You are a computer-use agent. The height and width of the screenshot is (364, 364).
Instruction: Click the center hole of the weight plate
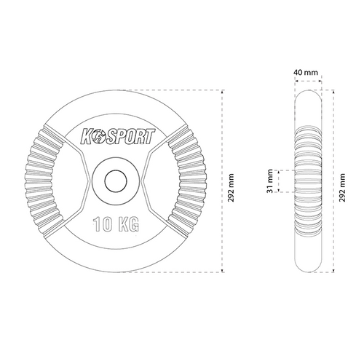tap(116, 181)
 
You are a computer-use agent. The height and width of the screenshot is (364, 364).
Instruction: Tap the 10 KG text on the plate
tap(116, 223)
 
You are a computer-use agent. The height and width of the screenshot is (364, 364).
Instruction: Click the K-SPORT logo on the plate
tap(118, 138)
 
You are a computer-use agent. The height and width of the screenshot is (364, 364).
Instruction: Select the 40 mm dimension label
tap(306, 72)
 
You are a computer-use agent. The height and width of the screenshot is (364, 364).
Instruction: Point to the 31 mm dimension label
tap(270, 181)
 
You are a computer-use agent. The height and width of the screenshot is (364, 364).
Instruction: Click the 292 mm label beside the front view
tap(231, 188)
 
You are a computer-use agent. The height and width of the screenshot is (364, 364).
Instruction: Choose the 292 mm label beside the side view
tap(342, 188)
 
